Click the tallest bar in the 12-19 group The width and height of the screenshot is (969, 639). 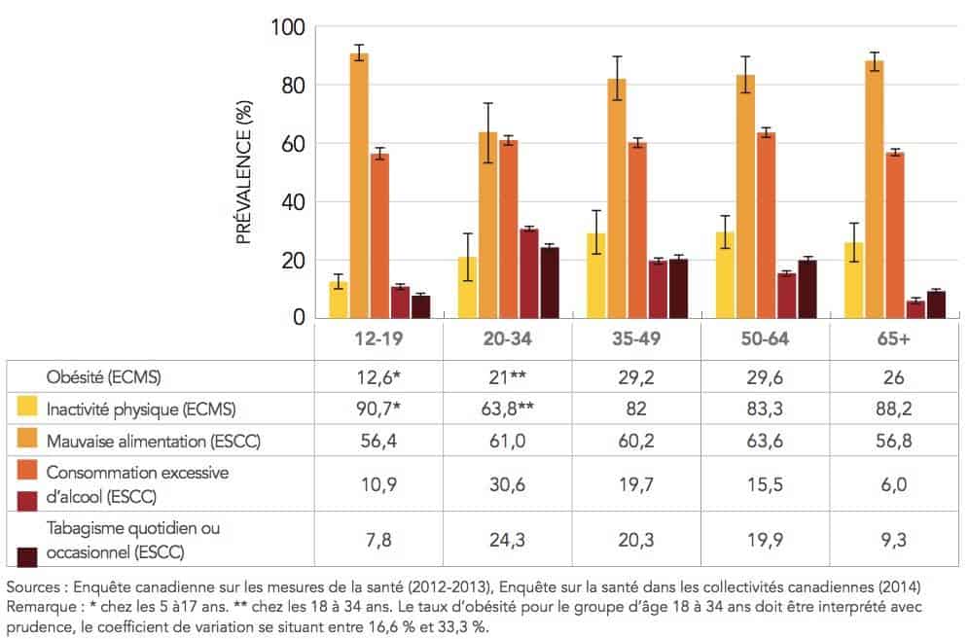359,185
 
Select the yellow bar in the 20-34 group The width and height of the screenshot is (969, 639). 468,288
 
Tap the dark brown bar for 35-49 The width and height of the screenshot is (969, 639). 678,289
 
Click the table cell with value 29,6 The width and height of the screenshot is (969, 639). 764,376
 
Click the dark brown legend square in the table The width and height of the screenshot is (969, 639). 28,555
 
